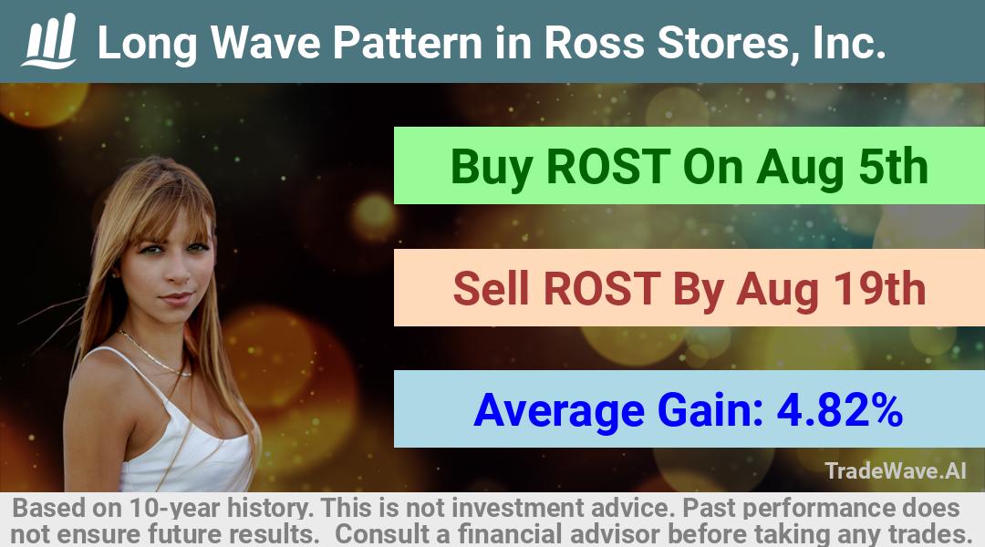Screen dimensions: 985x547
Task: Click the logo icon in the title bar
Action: click(x=49, y=41)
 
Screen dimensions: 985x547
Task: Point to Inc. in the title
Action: click(x=849, y=43)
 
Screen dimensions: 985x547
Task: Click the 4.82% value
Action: click(x=840, y=410)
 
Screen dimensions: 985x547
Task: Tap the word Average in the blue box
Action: click(x=559, y=411)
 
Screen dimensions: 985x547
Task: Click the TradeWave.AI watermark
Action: click(x=896, y=470)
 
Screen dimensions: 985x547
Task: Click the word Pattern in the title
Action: click(x=408, y=43)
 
